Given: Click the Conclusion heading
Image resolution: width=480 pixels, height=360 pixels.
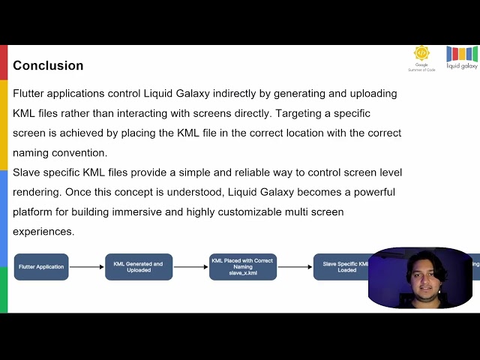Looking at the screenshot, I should click(x=48, y=66).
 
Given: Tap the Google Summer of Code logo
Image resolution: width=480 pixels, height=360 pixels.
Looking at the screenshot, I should click(x=422, y=57).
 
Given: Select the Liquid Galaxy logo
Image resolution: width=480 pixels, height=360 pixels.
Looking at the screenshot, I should click(x=461, y=57).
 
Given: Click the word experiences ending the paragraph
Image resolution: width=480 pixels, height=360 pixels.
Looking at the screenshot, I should click(x=43, y=232).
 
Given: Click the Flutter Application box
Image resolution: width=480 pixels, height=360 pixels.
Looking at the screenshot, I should click(x=41, y=267).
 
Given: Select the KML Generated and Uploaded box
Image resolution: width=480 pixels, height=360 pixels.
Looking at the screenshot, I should click(x=138, y=267).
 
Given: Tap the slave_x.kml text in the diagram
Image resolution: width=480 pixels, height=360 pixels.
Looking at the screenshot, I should click(x=242, y=273).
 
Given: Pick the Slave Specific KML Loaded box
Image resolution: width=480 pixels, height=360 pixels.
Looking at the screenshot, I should click(x=342, y=267).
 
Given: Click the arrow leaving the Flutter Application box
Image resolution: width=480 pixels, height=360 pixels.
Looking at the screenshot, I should click(x=86, y=267).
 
